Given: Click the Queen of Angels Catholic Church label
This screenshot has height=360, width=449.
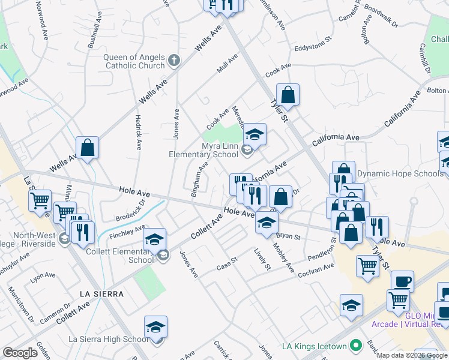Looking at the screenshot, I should [134, 62].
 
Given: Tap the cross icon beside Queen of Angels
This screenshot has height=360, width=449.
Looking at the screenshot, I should [174, 60].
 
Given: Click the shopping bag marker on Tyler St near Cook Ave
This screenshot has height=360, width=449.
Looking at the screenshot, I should [288, 95].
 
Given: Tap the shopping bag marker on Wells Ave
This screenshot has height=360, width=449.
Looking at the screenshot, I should [88, 147].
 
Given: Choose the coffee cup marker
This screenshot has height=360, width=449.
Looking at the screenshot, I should [402, 281].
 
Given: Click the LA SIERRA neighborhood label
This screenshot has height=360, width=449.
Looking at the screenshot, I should [101, 294].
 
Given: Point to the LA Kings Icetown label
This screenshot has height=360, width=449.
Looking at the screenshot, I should [315, 346].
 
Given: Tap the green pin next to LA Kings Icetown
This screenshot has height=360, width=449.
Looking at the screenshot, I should [356, 346].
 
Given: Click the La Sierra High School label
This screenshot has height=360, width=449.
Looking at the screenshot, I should [109, 339].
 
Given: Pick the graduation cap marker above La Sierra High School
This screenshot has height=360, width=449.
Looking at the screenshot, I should [156, 328].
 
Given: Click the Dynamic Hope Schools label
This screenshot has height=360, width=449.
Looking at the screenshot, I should [401, 174].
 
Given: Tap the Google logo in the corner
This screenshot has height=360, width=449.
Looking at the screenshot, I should [20, 353].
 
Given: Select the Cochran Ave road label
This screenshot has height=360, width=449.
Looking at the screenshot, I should [316, 271].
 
